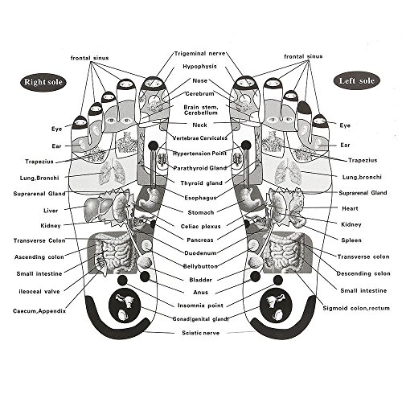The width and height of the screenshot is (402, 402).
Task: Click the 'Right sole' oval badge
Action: (43, 82)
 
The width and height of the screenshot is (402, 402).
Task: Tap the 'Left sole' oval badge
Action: (357, 80)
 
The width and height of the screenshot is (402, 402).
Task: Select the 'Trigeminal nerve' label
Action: (200, 53)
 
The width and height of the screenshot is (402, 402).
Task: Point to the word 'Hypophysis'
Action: (199, 67)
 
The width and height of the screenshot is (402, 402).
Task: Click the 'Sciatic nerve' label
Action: (201, 333)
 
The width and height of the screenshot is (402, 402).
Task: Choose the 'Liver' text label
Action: (51, 211)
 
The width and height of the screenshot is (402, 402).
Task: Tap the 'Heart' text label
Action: (350, 208)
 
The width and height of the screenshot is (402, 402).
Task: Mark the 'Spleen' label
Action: (351, 240)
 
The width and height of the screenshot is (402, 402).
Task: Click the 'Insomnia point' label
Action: (200, 306)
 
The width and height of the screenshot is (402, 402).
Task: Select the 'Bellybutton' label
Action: (200, 266)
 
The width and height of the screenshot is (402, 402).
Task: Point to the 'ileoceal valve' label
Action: (39, 292)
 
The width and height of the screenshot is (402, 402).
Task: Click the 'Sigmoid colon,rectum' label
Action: (356, 308)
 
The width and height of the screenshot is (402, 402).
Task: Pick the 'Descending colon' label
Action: (363, 273)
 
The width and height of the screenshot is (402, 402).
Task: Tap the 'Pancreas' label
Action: (200, 240)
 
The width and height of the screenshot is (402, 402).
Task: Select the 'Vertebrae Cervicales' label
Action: (200, 138)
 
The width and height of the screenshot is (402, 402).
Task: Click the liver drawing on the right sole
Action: (94, 207)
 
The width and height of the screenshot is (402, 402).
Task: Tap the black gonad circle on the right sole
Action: (125, 305)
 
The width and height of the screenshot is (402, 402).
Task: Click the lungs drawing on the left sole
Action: (288, 172)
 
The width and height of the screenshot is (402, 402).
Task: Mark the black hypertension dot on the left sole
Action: (246, 146)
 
